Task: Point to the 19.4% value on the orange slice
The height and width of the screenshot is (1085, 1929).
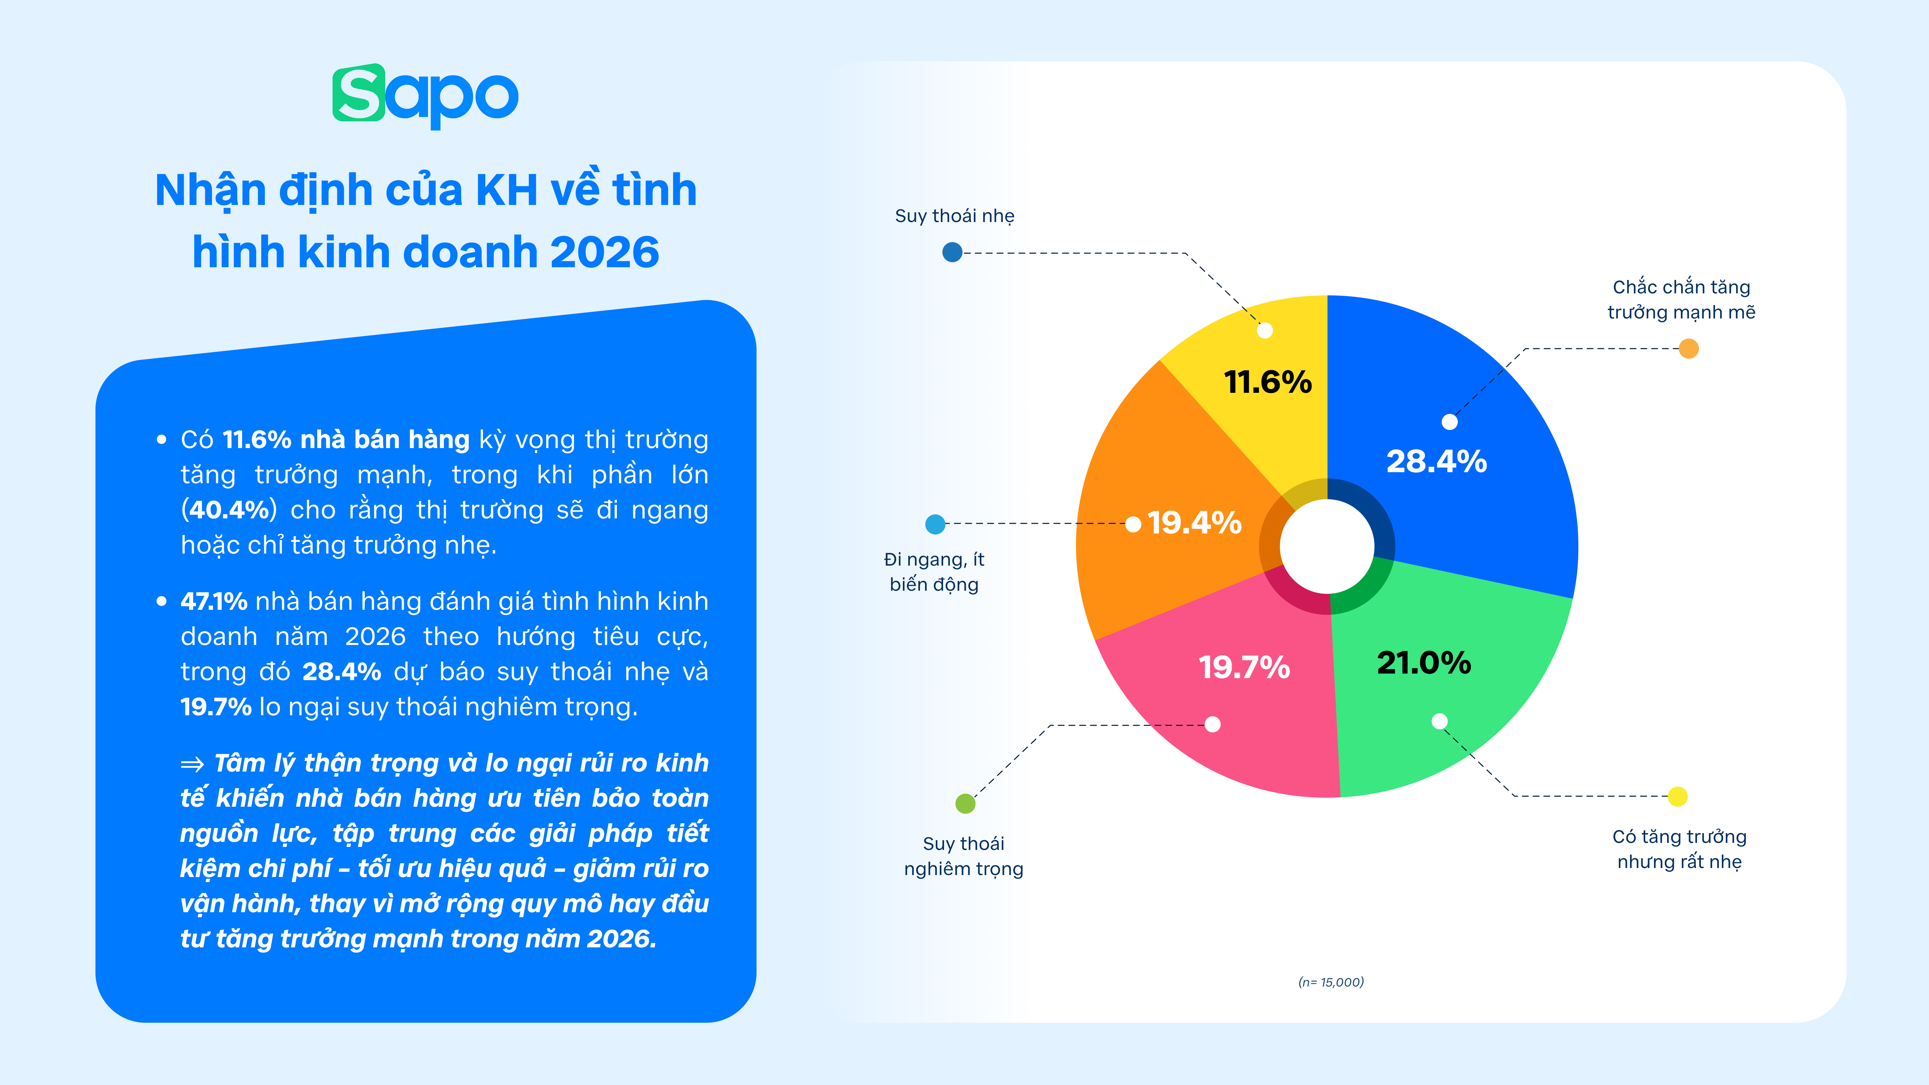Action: tap(1194, 523)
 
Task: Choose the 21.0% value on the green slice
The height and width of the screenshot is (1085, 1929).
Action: tap(1424, 663)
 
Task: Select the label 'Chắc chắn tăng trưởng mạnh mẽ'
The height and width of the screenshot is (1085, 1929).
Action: tap(1681, 299)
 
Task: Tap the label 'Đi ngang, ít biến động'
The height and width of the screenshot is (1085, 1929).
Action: tap(934, 571)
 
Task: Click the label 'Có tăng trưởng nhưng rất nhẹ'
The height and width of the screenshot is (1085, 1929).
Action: tap(1679, 849)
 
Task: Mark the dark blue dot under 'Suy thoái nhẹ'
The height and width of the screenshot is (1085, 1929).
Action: tap(952, 252)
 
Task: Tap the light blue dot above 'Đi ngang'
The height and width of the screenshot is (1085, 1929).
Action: tap(935, 524)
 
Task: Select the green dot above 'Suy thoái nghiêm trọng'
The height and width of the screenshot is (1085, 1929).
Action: tap(965, 803)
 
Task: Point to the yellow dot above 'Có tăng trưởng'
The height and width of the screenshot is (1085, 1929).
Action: tap(1677, 797)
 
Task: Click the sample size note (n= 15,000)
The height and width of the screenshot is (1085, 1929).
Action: tap(1331, 982)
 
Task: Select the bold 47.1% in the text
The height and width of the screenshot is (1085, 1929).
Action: tap(213, 601)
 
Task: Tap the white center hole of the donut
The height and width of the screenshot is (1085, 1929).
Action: tap(1327, 546)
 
